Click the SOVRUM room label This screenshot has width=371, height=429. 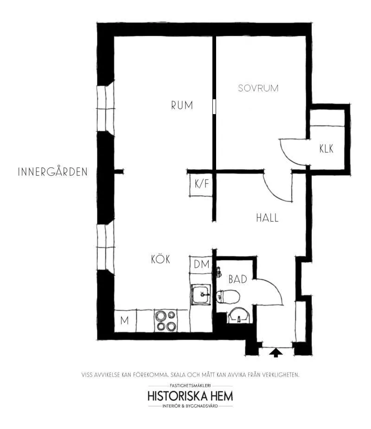[258, 88]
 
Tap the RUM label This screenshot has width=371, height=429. [182, 105]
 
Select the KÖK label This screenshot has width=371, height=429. [160, 259]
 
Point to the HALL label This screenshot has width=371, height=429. [267, 218]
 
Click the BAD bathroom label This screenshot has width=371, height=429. [237, 279]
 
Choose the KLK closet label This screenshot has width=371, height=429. [326, 148]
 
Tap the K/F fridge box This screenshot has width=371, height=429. [201, 185]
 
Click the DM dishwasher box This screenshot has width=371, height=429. [201, 264]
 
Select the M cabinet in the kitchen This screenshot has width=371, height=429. [125, 320]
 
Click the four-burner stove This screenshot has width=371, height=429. [166, 320]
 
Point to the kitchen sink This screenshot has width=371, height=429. [201, 295]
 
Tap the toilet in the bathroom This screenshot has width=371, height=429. [228, 296]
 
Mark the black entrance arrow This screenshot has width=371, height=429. [276, 352]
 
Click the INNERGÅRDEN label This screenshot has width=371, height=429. [52, 172]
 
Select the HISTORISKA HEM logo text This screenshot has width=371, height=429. [190, 396]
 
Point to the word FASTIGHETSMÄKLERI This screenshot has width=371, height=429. [190, 385]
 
